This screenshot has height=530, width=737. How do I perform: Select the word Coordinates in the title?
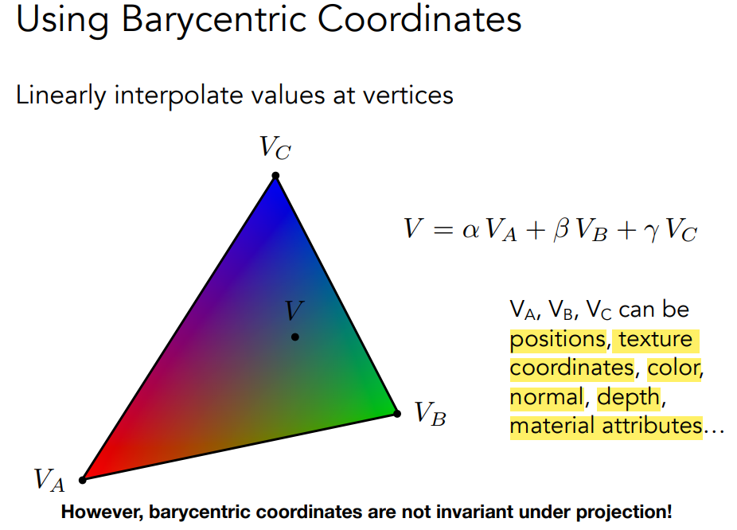tap(419, 19)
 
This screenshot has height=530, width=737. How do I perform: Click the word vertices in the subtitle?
tap(408, 95)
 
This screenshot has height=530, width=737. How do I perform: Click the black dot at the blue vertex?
tap(275, 176)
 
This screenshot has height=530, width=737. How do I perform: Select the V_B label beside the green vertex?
tap(430, 414)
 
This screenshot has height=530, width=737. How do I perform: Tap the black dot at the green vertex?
tap(397, 414)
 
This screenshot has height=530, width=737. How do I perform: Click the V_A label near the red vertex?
tap(49, 480)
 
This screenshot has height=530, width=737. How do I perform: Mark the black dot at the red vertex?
tap(82, 480)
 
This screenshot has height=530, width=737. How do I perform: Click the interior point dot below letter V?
tap(295, 337)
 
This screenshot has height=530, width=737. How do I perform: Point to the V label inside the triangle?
tap(294, 310)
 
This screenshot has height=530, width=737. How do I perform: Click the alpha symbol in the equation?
tap(470, 231)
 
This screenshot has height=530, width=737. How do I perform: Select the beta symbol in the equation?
tap(561, 229)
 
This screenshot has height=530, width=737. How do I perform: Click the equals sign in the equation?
tap(443, 230)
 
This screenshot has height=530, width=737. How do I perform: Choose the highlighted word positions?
tap(559, 340)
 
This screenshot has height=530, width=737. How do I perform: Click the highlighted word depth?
tap(629, 397)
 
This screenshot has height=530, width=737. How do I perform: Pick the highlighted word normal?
tap(547, 397)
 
